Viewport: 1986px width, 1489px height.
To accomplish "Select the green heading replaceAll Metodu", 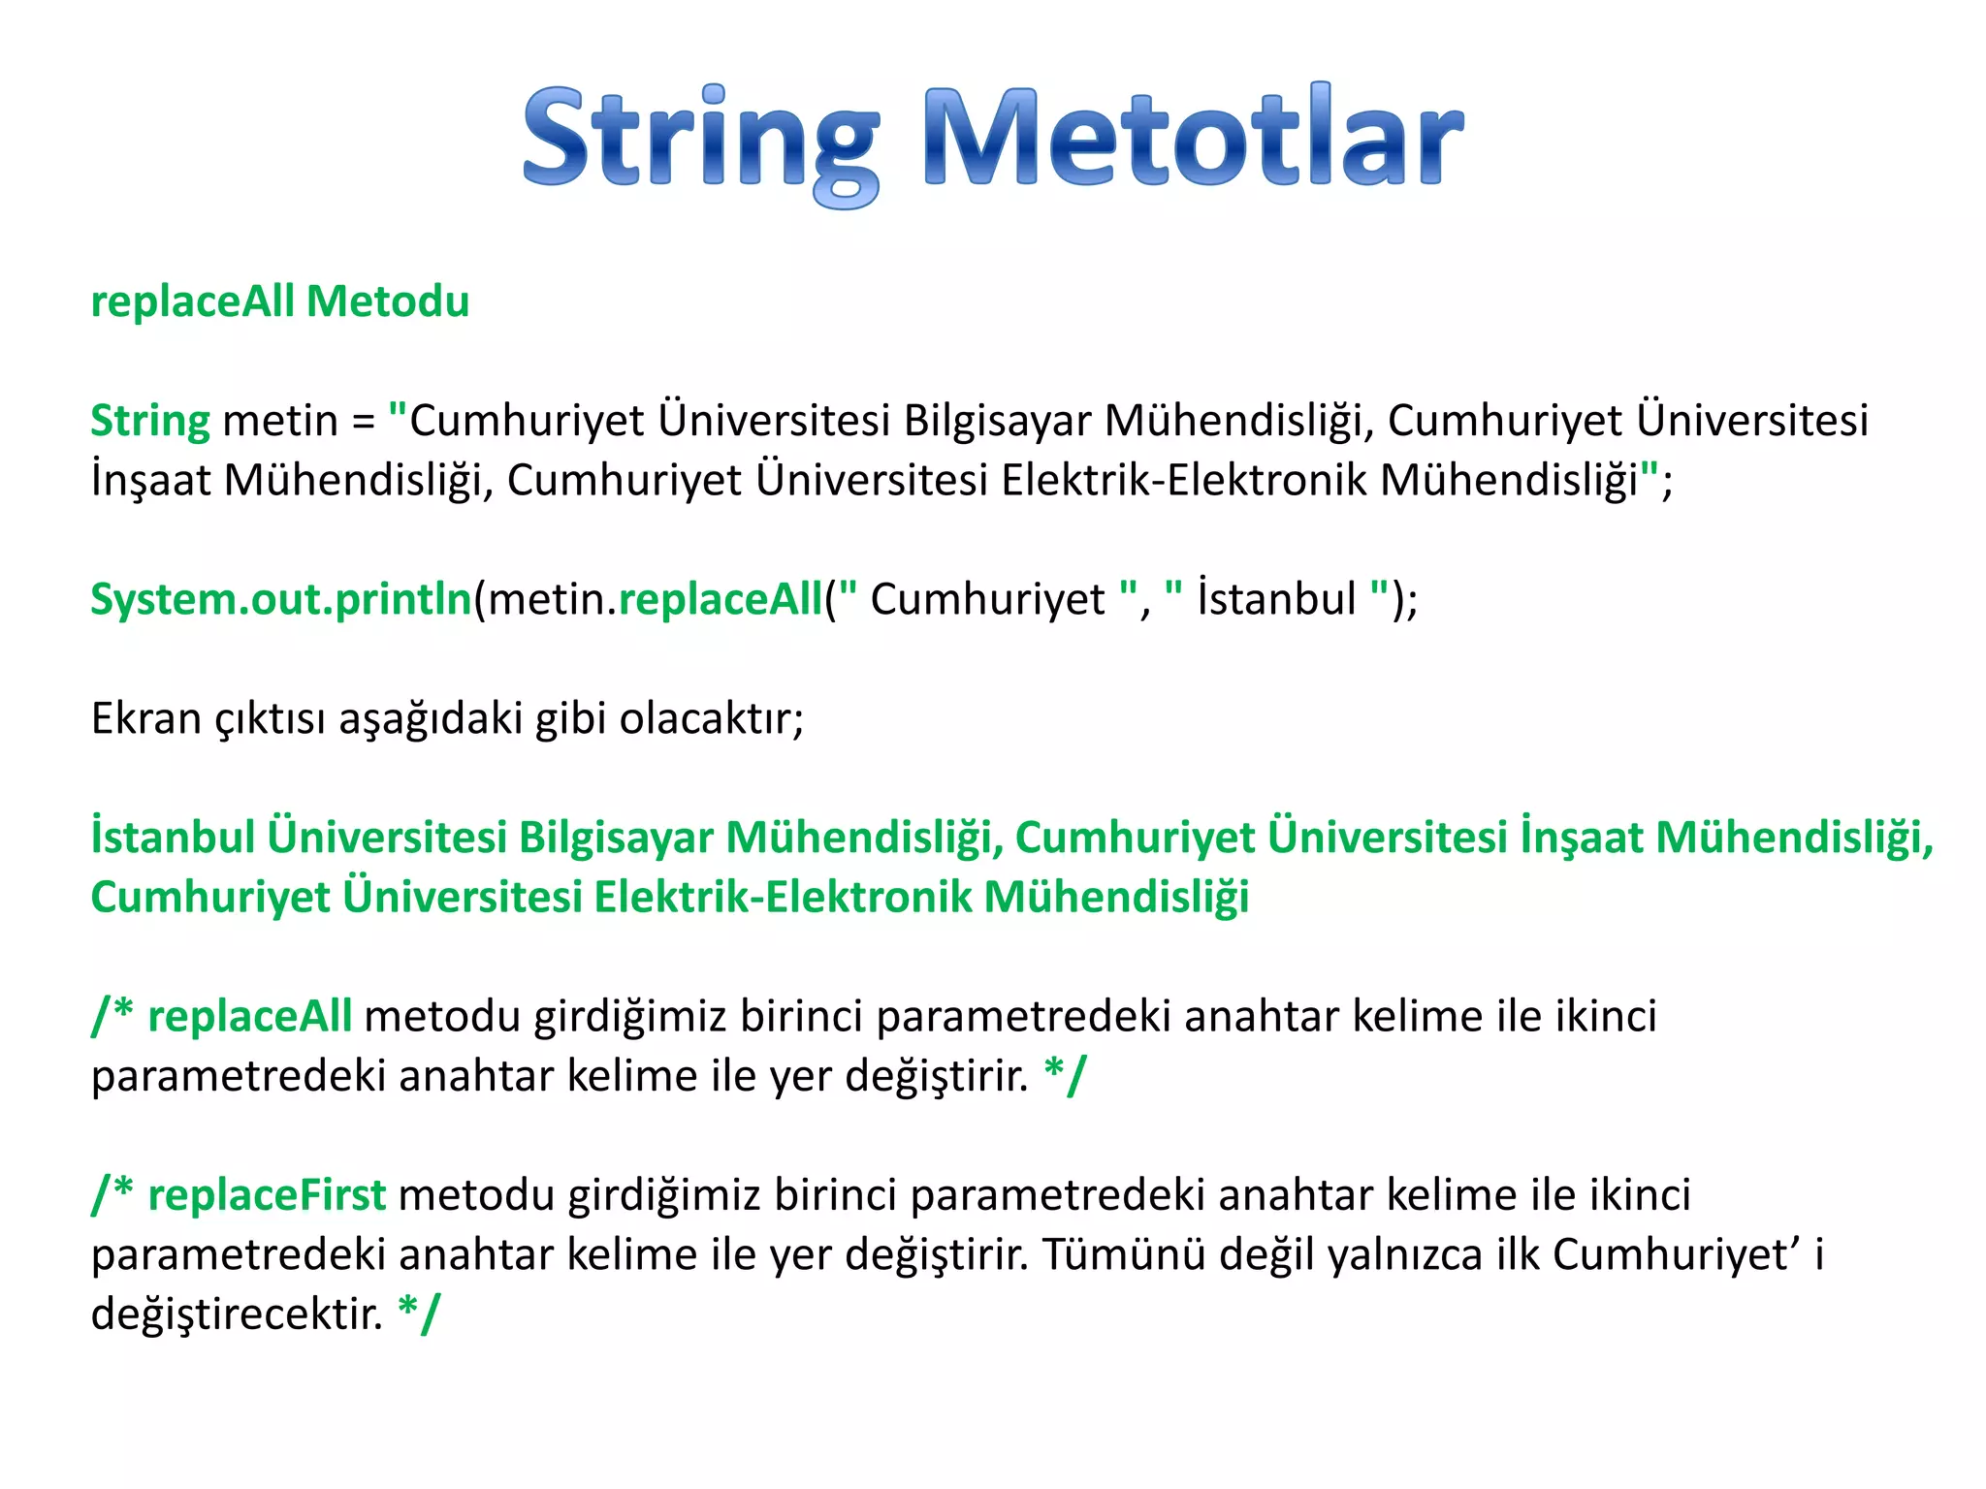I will (279, 301).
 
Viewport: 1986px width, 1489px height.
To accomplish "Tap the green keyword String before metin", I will (149, 422).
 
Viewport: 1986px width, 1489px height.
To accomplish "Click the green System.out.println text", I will (281, 600).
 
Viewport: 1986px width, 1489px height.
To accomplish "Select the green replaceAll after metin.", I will (720, 600).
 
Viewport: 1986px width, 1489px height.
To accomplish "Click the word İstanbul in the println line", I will (1276, 600).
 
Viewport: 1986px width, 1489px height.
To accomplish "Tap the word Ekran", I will (145, 719).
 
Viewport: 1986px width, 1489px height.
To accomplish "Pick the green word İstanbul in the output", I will (173, 839).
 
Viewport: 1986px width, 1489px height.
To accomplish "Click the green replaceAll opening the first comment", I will (249, 1017).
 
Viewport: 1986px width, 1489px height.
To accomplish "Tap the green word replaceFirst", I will (267, 1195).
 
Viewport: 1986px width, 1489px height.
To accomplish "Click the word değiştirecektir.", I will (237, 1315).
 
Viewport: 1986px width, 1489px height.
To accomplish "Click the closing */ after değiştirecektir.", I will (419, 1315).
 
